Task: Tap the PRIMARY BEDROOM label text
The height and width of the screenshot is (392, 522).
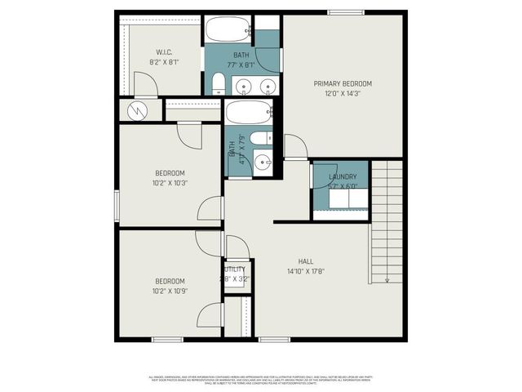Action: (343, 83)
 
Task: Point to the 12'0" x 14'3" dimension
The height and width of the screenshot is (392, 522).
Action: (343, 93)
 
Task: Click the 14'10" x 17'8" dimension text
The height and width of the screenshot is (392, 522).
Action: (306, 271)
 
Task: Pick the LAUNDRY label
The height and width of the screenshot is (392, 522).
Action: (343, 177)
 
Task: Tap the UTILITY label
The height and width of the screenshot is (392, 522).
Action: (235, 269)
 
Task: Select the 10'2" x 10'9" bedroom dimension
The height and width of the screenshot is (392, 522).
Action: (170, 291)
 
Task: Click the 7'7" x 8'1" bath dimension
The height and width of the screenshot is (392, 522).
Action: (241, 65)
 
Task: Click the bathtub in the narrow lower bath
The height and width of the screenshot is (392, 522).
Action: (250, 112)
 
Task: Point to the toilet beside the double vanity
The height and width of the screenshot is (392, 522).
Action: (219, 82)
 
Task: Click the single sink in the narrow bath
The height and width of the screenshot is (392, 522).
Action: (263, 163)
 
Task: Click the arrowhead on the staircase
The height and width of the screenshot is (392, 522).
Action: (387, 278)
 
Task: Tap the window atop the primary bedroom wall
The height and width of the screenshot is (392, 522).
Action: (345, 11)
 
